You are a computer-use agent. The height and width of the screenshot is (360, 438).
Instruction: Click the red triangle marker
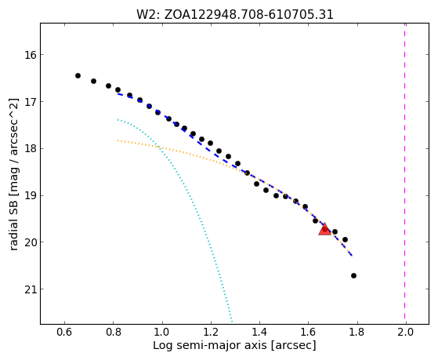click(324, 230)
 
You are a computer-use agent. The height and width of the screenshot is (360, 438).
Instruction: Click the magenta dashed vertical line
click(405, 173)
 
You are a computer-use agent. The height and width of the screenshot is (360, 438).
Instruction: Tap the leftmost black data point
click(78, 75)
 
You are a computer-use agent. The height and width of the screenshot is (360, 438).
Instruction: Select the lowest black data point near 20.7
click(353, 275)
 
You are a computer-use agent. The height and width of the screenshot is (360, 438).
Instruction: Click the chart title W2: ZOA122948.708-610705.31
click(234, 14)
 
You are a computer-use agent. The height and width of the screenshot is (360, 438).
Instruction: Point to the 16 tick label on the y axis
click(31, 55)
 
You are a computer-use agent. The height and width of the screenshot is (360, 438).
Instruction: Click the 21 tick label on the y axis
click(31, 289)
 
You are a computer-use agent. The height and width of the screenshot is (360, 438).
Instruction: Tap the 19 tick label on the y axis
click(31, 195)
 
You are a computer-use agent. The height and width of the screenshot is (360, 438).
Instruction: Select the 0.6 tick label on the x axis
click(64, 332)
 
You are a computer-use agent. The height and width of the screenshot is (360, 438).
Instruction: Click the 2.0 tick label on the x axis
click(406, 332)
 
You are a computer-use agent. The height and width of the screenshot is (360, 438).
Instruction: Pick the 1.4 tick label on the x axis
click(259, 332)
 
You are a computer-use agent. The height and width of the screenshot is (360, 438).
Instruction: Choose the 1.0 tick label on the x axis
click(162, 332)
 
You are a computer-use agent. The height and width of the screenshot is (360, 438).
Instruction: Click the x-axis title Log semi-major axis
click(209, 345)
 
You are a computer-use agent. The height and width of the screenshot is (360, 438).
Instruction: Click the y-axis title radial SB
click(14, 224)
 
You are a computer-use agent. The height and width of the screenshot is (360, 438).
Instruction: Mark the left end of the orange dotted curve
click(118, 140)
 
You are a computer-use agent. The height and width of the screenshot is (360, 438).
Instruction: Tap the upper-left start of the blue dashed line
click(118, 93)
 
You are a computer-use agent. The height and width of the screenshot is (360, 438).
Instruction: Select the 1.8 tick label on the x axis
click(357, 332)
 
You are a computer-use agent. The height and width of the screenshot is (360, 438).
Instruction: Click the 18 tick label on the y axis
click(31, 148)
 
